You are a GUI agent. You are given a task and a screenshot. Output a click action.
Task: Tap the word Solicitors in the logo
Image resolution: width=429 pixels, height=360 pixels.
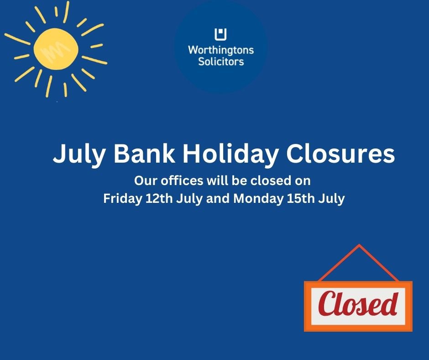221,61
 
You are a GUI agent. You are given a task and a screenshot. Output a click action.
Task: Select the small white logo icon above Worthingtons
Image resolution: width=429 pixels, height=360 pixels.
221,34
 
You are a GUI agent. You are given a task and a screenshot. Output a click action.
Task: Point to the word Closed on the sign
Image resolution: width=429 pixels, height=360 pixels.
358,304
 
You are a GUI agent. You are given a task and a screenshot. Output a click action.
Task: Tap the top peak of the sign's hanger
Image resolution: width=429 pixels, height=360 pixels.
359,246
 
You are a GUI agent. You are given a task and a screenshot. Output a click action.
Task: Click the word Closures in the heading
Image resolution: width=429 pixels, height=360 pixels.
341,154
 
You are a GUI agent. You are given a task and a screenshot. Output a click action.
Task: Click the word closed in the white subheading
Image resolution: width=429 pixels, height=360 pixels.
272,180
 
